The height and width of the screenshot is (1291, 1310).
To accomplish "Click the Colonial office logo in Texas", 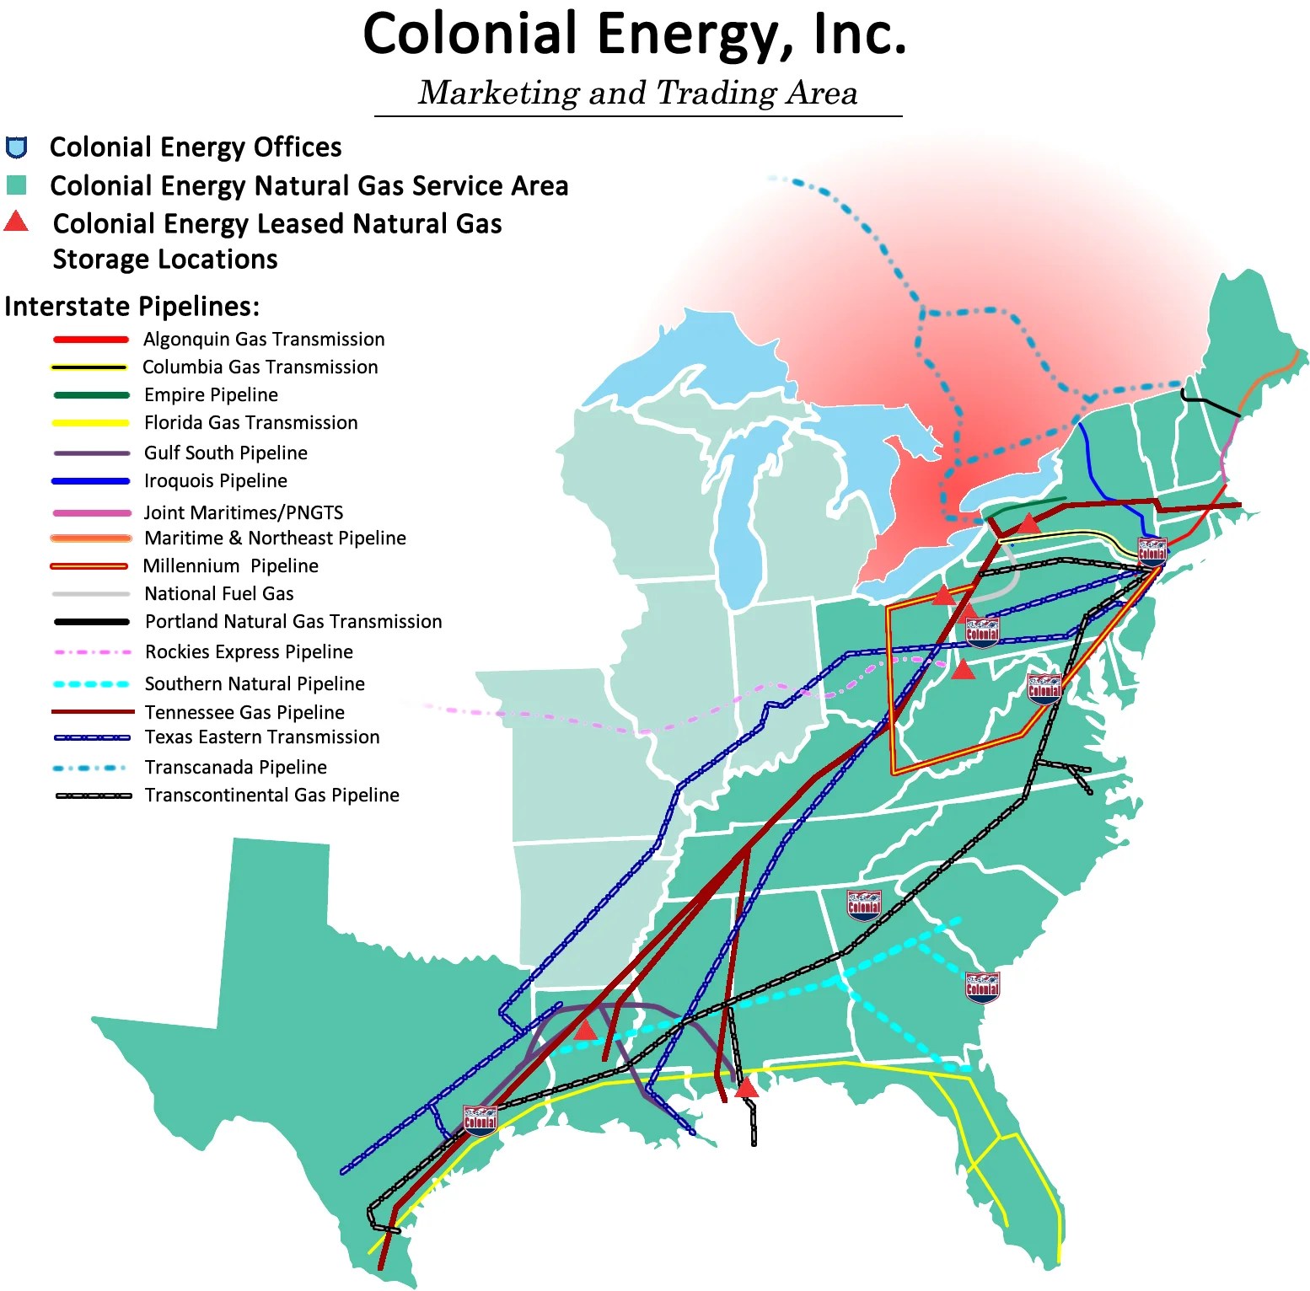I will tap(481, 1121).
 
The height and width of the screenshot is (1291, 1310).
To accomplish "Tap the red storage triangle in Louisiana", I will tap(585, 1029).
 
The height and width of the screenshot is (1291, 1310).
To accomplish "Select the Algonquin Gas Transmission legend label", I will tap(264, 340).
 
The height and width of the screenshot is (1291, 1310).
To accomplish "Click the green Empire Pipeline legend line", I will tap(91, 395).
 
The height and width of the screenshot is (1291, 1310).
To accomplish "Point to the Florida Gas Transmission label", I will tap(250, 423).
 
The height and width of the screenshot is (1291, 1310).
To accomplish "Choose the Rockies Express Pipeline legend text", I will tap(249, 652).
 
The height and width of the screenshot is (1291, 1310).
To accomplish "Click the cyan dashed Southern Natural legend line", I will tap(91, 684).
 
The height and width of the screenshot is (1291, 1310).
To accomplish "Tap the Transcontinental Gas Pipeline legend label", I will tap(271, 795).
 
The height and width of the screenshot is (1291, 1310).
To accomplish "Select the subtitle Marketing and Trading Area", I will tap(638, 93).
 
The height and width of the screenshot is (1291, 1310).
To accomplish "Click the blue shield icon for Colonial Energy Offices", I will tap(17, 147).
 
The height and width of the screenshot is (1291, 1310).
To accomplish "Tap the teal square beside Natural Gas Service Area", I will tap(16, 185).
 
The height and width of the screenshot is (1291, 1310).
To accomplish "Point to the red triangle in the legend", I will tap(16, 222).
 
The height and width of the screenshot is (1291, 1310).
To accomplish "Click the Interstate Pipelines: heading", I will tap(132, 306).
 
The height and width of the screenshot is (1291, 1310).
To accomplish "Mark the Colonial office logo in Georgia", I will tap(863, 905).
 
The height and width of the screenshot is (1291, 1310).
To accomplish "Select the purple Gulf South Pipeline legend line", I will tap(91, 453).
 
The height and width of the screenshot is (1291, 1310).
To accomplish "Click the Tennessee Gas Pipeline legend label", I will tap(244, 713).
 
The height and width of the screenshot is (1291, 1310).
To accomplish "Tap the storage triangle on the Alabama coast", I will tap(746, 1088).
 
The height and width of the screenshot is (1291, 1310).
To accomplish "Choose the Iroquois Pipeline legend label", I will tap(215, 481).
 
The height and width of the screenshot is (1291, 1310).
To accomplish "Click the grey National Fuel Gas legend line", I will tap(91, 594).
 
